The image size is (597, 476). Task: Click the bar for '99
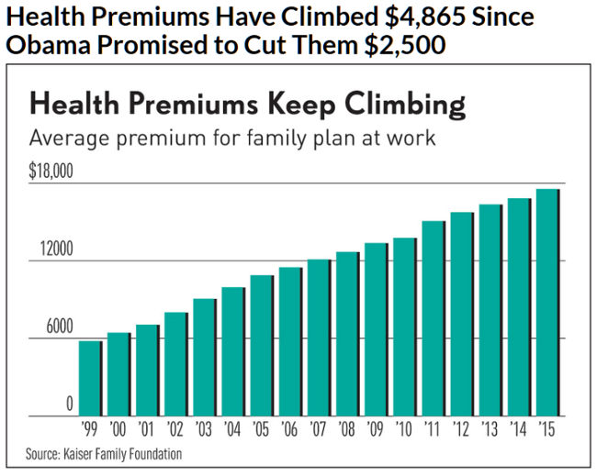tap(90, 378)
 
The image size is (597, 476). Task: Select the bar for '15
tap(547, 302)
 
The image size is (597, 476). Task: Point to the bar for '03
tap(204, 357)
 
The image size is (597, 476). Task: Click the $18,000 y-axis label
tap(51, 172)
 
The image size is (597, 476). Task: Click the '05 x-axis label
tap(261, 429)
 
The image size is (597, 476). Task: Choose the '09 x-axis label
tap(376, 429)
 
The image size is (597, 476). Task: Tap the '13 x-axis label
tap(490, 429)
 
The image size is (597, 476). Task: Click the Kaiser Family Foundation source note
tap(104, 454)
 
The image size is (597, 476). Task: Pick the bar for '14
tap(519, 306)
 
